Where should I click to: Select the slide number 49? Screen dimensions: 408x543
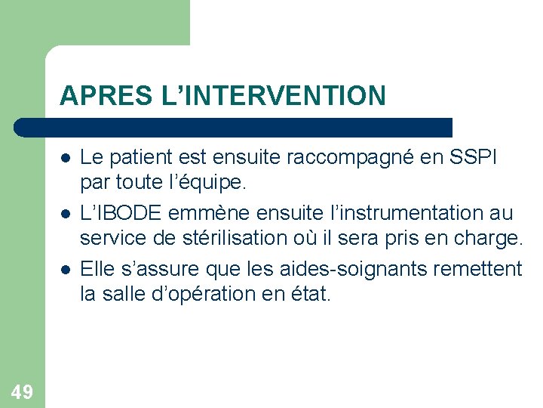pyautogui.click(x=22, y=391)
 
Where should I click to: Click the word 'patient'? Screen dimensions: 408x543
pyautogui.click(x=137, y=158)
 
